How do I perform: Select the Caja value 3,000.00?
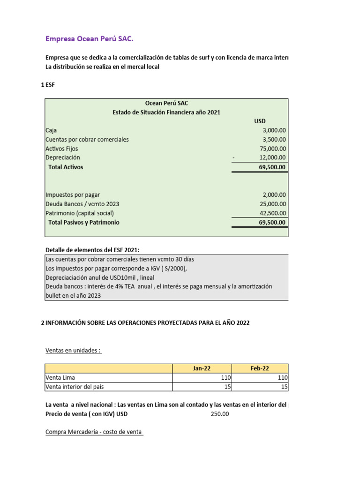(274, 130)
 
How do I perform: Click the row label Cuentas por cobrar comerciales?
(87, 140)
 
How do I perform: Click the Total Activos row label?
(66, 167)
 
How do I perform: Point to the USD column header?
(260, 121)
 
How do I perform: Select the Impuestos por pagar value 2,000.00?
(274, 195)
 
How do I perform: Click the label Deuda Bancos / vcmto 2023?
(82, 204)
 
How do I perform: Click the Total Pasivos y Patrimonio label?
(84, 222)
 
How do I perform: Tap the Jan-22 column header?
(202, 368)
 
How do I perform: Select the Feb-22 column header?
(260, 368)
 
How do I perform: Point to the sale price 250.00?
(220, 414)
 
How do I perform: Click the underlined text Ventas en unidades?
(73, 350)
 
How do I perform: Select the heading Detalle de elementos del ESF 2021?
(92, 250)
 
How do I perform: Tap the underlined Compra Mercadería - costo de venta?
(94, 432)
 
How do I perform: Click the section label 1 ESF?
(48, 85)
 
